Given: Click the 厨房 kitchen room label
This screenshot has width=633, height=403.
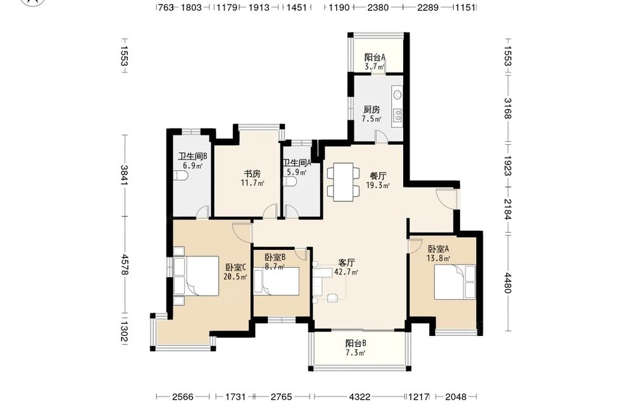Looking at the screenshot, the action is click(372, 109).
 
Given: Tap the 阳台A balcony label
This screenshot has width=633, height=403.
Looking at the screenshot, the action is click(375, 58).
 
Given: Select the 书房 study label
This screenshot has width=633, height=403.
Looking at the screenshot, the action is click(252, 174).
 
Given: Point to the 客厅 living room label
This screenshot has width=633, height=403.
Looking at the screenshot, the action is click(346, 263).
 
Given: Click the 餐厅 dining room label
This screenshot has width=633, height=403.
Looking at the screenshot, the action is click(379, 176).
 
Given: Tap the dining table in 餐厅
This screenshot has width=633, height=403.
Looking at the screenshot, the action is click(343, 182).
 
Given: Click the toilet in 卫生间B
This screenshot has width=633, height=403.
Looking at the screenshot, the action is click(180, 176).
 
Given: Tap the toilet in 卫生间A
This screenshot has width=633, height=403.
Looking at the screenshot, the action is click(291, 182).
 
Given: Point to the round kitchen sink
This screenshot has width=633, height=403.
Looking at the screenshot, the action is click(398, 95).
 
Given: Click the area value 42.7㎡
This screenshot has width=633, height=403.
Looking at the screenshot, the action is click(346, 272).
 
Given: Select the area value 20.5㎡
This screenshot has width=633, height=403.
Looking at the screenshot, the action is click(235, 276).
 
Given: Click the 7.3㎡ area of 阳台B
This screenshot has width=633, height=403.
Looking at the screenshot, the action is click(356, 353).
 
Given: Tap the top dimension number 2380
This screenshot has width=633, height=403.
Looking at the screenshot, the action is click(378, 7).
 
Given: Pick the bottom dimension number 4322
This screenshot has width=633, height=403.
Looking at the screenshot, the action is click(360, 397).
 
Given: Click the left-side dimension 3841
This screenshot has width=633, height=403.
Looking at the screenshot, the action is click(124, 175).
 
